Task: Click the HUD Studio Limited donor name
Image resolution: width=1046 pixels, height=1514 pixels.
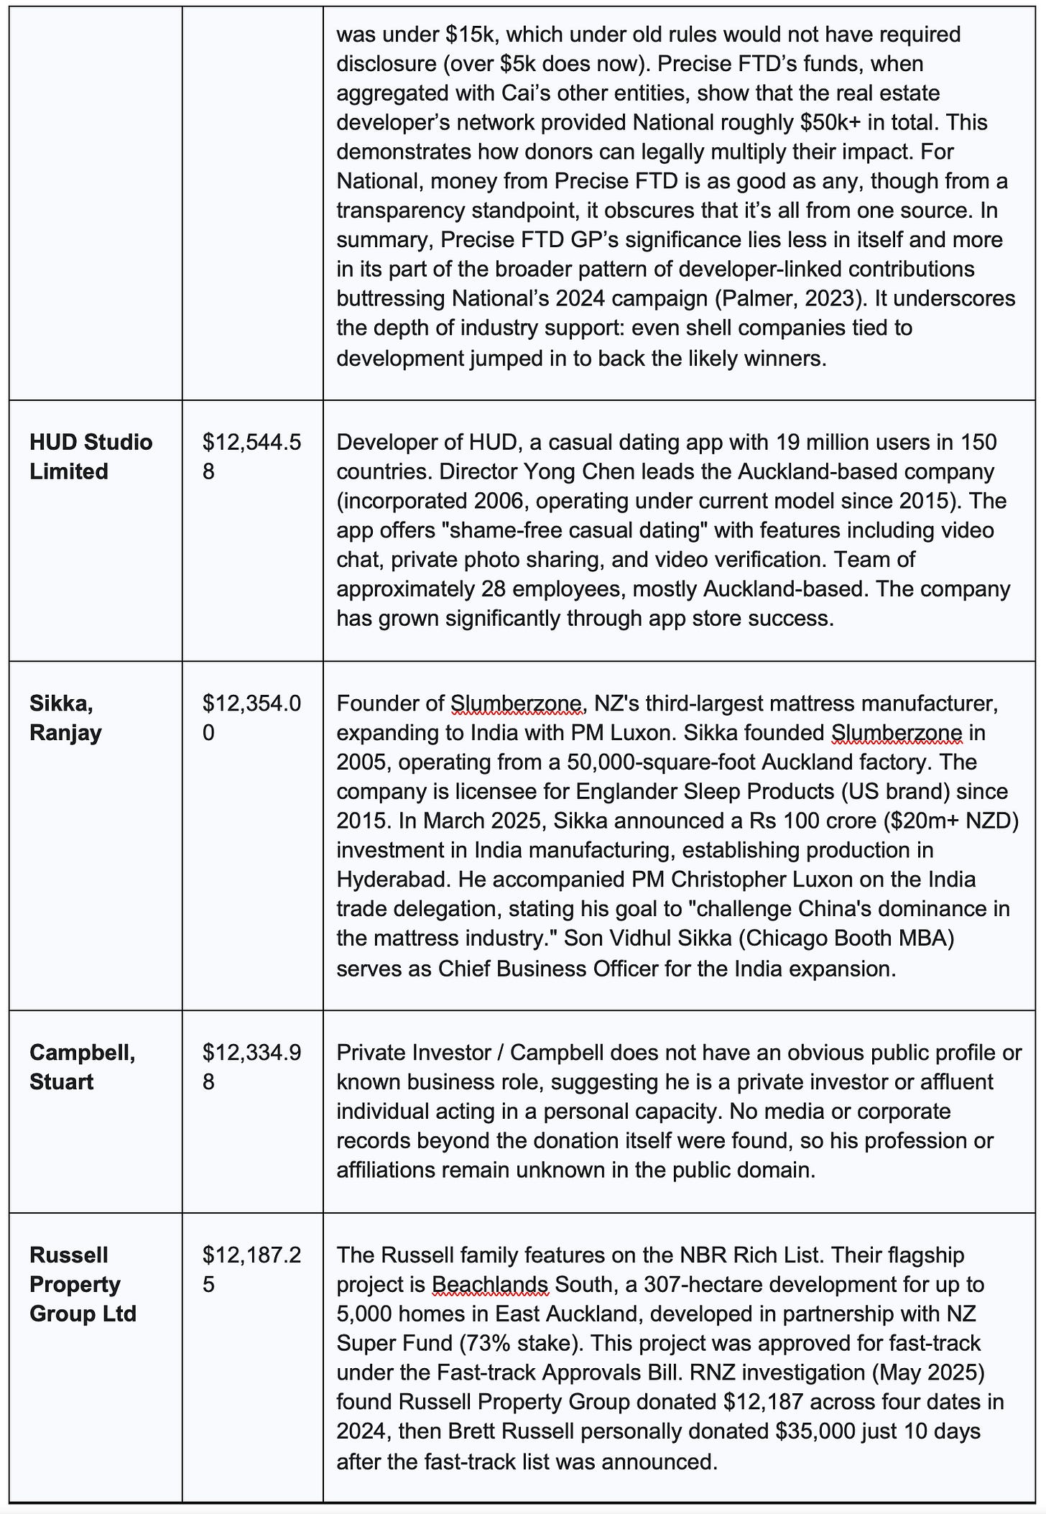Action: (x=91, y=456)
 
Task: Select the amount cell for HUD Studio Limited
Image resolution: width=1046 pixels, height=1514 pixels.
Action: (x=251, y=456)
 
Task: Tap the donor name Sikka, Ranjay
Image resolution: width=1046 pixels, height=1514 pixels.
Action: (x=65, y=718)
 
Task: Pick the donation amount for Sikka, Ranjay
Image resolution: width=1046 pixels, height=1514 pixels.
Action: (x=251, y=718)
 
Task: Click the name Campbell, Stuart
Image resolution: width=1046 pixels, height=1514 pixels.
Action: (x=82, y=1066)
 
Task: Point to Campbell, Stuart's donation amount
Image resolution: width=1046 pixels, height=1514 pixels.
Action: (x=251, y=1066)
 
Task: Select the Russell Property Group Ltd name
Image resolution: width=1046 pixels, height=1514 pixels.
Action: (x=83, y=1284)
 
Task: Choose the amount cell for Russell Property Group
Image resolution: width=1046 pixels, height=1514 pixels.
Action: (x=251, y=1269)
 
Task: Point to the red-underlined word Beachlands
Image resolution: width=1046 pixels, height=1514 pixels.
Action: (x=490, y=1283)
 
